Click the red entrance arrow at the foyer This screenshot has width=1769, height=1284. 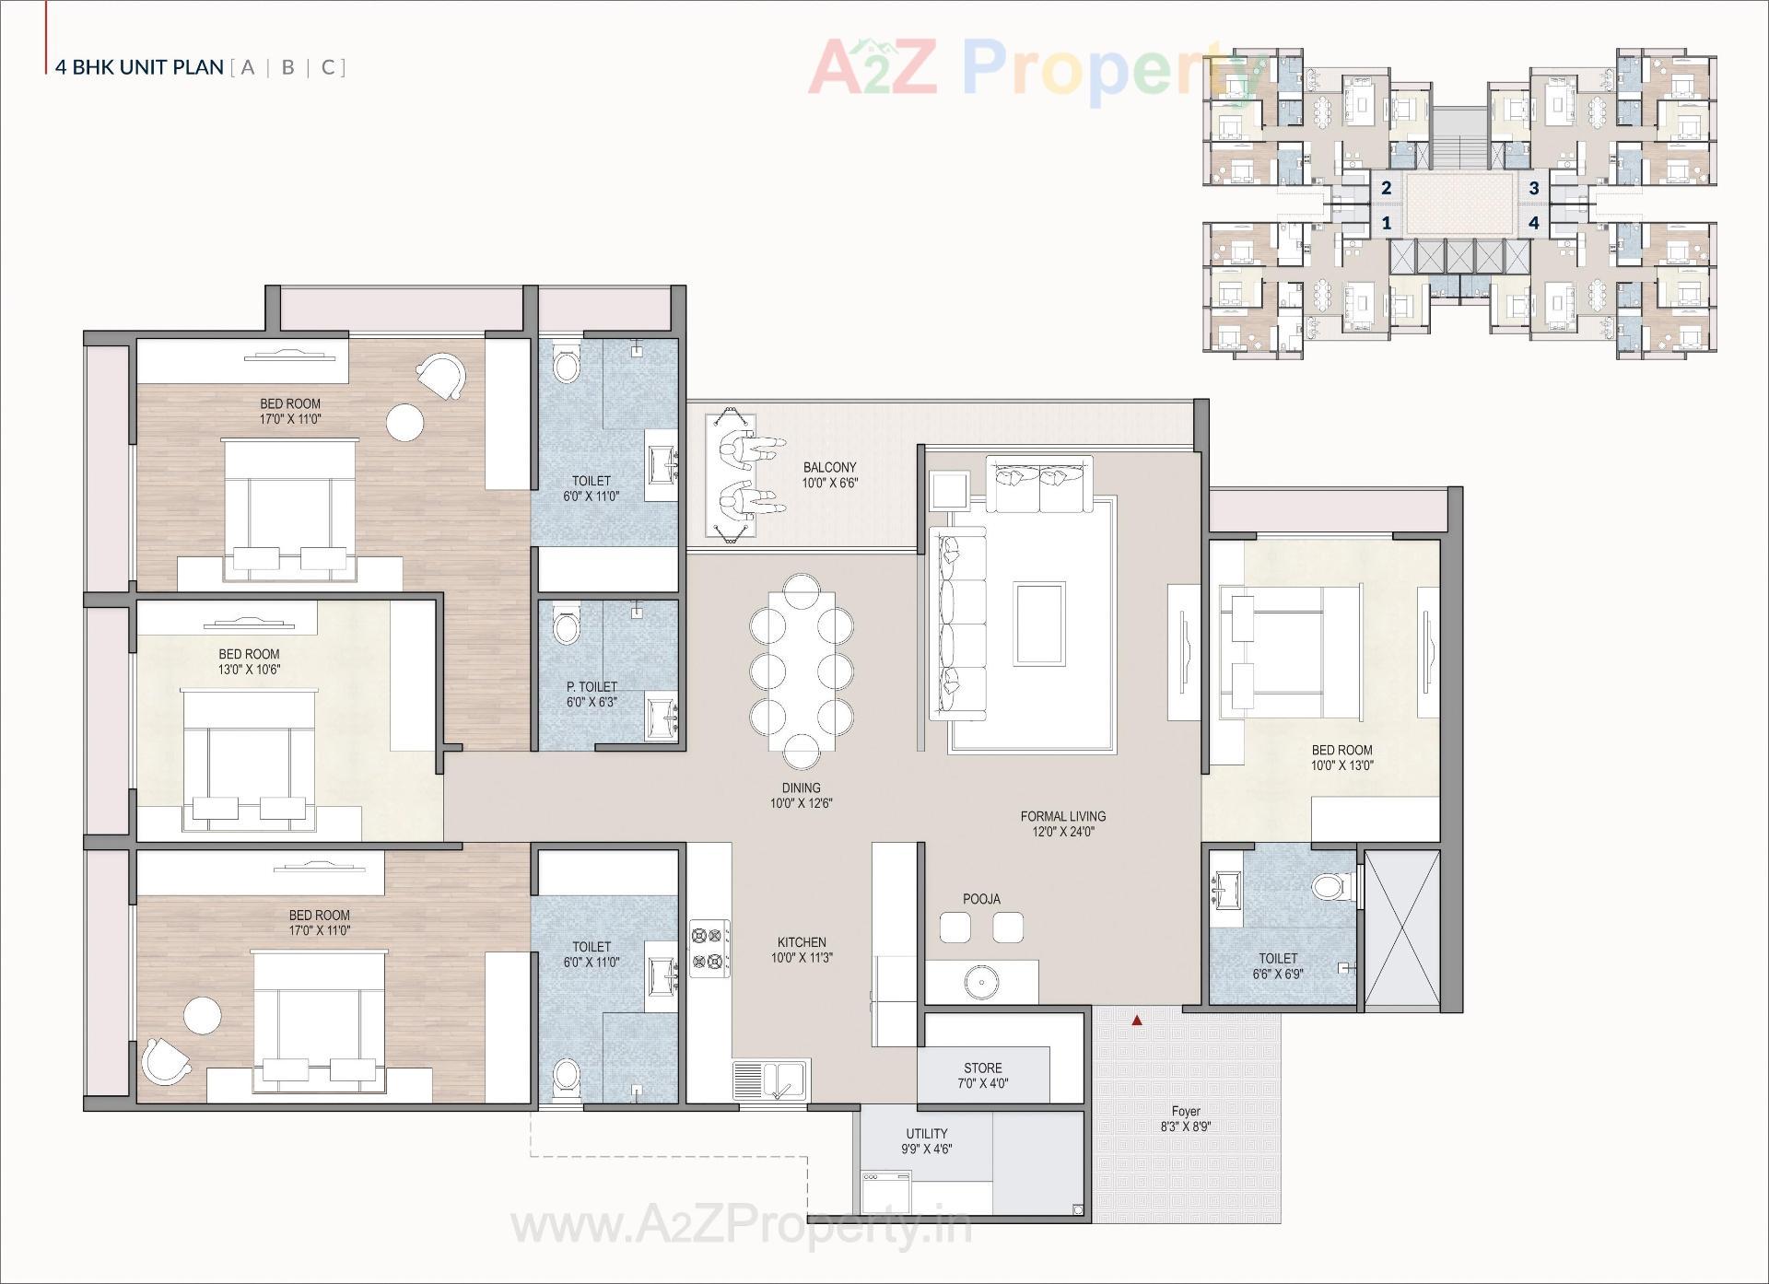pyautogui.click(x=1137, y=1020)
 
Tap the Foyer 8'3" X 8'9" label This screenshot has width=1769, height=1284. pyautogui.click(x=1186, y=1118)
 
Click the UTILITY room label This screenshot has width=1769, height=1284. pyautogui.click(x=926, y=1140)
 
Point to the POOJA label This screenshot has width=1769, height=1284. pyautogui.click(x=981, y=899)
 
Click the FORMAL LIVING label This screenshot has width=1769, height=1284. pyautogui.click(x=1062, y=823)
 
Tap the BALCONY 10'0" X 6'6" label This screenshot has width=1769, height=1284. pyautogui.click(x=829, y=474)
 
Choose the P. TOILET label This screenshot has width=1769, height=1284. pyautogui.click(x=592, y=694)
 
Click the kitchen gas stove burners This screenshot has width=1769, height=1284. pyautogui.click(x=709, y=949)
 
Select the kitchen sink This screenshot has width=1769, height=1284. pyautogui.click(x=771, y=1080)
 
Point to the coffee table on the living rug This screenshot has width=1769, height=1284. pyautogui.click(x=1039, y=623)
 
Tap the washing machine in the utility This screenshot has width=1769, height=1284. pyautogui.click(x=885, y=1192)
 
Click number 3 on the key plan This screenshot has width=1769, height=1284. pyautogui.click(x=1534, y=189)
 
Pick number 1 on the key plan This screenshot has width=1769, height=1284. pyautogui.click(x=1386, y=223)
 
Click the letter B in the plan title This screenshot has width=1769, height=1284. pyautogui.click(x=288, y=67)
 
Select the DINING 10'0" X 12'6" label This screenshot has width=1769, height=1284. pyautogui.click(x=801, y=795)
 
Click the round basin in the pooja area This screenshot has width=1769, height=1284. pyautogui.click(x=982, y=983)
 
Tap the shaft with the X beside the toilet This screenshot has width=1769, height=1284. pyautogui.click(x=1400, y=928)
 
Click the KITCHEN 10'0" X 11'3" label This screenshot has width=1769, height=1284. pyautogui.click(x=802, y=950)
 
